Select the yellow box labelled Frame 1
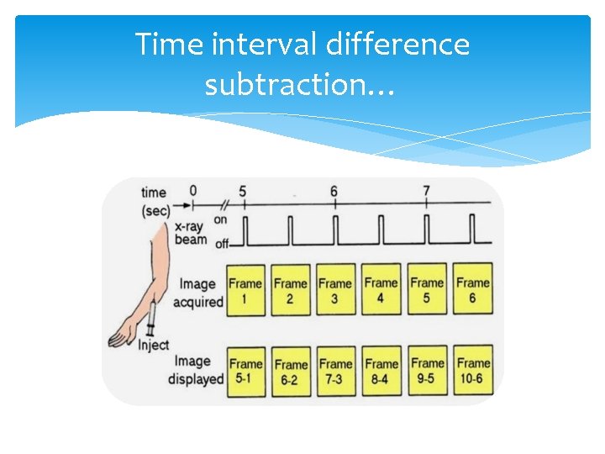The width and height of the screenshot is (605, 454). pos(245,290)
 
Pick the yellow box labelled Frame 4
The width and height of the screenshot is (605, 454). pos(381,290)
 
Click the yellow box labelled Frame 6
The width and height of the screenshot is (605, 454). pos(473,290)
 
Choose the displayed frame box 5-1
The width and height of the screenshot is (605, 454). pos(245,371)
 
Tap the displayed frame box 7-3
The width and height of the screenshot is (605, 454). pos(336,371)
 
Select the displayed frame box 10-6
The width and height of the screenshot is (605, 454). pos(473,371)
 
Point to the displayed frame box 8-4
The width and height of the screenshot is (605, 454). pos(381,371)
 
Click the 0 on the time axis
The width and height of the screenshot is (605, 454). pos(192,190)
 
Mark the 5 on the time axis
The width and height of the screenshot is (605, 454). pos(242,191)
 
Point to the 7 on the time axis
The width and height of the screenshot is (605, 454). pos(427,191)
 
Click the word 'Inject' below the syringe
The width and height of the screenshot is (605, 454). pos(153,345)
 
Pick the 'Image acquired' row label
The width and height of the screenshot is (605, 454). pos(198,293)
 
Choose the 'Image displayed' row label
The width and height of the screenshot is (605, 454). pos(195,370)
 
